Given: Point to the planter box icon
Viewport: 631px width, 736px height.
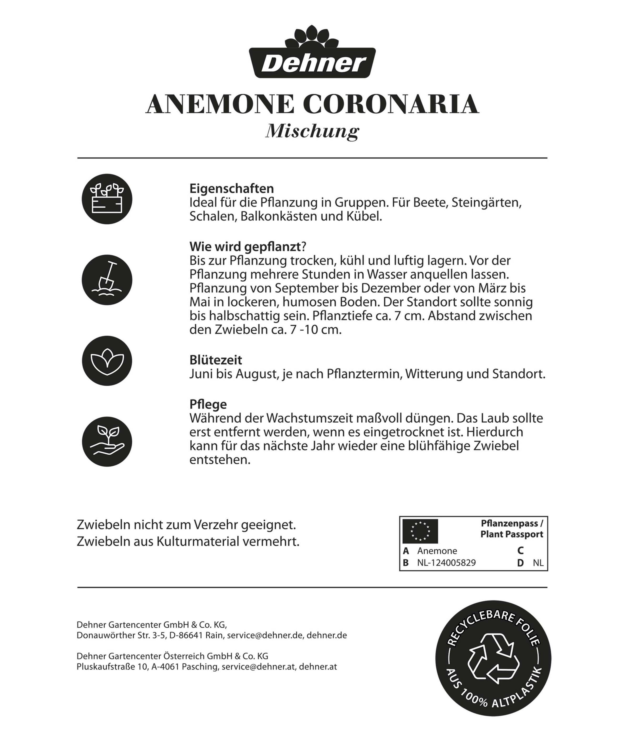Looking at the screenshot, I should (107, 199).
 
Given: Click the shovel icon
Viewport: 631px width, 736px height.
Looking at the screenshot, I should (107, 280).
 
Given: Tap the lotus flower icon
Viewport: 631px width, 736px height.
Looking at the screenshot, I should (107, 361).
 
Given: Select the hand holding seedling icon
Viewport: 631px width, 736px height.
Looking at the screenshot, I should (107, 442).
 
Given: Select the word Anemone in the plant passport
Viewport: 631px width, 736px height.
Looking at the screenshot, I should (437, 551).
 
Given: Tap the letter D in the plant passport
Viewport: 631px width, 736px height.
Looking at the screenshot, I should (521, 563).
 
